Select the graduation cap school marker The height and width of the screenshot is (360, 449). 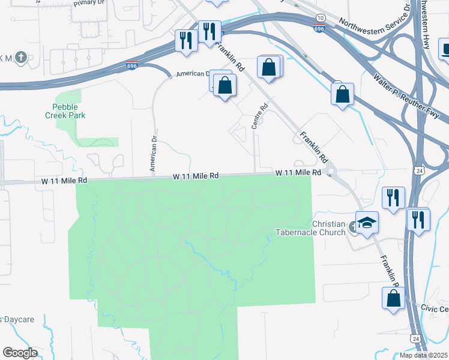tap(367, 223)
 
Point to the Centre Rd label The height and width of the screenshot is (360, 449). tap(259, 117)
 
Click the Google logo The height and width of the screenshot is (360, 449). tap(20, 353)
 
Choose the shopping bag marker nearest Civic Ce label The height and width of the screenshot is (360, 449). tap(393, 298)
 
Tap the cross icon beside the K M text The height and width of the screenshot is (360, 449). tap(21, 58)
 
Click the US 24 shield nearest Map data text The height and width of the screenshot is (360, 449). tap(415, 338)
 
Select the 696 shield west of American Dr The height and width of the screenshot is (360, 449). tap(131, 66)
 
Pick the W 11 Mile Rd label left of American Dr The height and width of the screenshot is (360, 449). tap(64, 180)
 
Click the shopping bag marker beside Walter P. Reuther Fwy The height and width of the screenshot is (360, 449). tap(342, 94)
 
